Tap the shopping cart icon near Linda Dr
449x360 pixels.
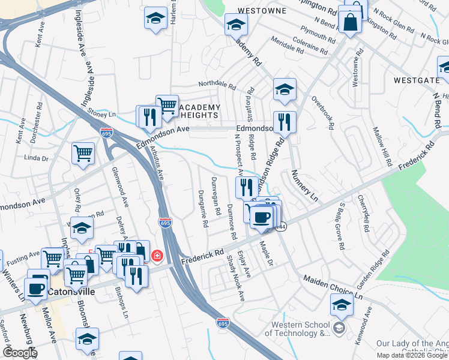(83, 152)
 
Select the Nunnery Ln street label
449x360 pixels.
(304, 184)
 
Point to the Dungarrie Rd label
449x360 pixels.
(203, 208)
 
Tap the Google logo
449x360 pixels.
(20, 352)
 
